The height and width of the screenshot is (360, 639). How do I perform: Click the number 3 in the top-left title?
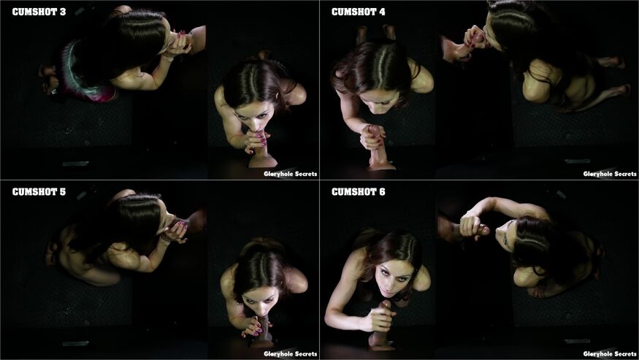coord(62,12)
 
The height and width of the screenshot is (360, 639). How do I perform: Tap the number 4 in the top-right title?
coord(382,12)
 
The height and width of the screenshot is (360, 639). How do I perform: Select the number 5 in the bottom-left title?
coord(62,191)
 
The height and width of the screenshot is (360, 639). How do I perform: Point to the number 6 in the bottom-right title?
coord(382,191)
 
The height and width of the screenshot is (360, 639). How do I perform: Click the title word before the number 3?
coord(34,12)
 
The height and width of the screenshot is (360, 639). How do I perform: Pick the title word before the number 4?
coord(353,12)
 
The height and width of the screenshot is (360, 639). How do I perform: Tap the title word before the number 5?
coord(34,191)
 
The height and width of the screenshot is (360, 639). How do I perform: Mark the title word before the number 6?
coord(353,191)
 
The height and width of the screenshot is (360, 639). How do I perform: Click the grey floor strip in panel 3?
coord(76,164)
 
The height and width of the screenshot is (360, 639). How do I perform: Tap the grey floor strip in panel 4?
coord(577,161)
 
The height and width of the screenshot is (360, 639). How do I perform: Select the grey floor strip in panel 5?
coord(76,344)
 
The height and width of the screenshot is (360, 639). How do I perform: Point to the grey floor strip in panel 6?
coord(577,341)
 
